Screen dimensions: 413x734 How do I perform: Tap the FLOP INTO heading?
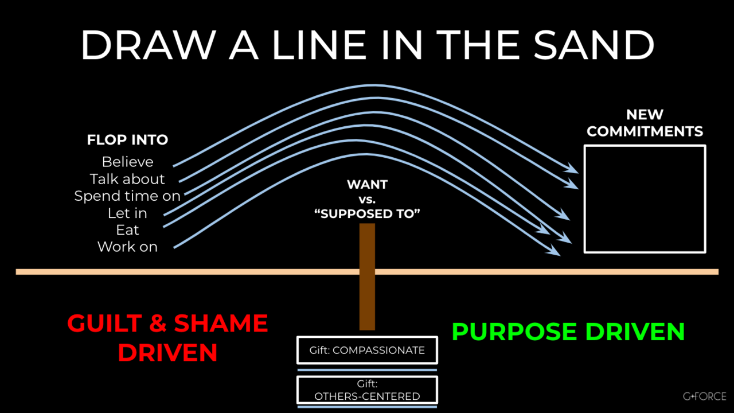point(127,139)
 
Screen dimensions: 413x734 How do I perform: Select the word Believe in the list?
point(127,162)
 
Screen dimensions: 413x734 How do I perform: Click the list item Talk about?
point(127,179)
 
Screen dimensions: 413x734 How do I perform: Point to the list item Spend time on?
point(127,196)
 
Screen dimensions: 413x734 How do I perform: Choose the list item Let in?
point(127,213)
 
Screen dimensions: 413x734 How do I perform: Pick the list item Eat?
point(127,230)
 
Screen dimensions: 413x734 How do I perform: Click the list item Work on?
point(127,247)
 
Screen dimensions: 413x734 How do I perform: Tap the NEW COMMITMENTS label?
point(645,123)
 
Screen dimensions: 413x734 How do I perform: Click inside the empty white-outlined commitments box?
point(645,199)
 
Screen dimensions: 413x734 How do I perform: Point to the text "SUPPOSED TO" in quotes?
point(367,214)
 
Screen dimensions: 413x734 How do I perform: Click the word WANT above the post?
point(367,185)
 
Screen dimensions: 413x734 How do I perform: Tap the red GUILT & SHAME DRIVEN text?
point(167,338)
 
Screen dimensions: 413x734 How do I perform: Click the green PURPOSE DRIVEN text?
point(568,332)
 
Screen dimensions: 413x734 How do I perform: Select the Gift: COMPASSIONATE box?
point(367,350)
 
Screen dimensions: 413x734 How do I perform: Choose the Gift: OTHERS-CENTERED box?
point(367,390)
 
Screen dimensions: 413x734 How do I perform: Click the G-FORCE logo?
point(705,396)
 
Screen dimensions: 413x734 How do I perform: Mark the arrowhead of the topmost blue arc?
point(572,169)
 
